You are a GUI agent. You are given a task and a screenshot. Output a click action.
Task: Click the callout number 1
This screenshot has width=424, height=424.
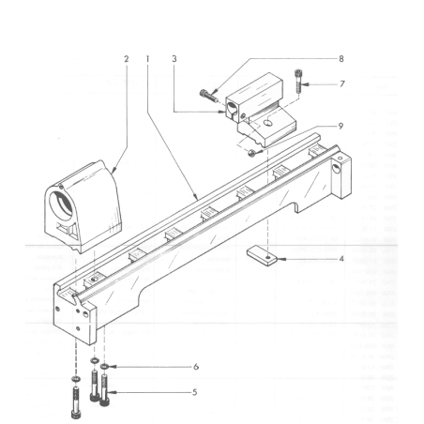point(147,59)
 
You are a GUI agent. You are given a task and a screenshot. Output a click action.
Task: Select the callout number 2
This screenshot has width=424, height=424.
point(126,59)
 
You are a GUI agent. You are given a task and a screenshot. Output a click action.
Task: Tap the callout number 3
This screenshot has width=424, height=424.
point(174,59)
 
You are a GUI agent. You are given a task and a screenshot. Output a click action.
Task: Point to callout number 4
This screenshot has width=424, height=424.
point(341,259)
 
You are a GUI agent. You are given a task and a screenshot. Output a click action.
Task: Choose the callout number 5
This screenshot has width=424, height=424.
point(194,392)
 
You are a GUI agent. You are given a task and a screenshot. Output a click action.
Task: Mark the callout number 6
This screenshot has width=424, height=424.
point(196,367)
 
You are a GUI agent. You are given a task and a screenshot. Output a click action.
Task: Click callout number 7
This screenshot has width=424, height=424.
point(342,84)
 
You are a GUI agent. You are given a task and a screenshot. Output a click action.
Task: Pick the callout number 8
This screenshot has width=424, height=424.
point(341,59)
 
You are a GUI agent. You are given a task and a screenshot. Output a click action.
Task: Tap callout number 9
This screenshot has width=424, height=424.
point(341,126)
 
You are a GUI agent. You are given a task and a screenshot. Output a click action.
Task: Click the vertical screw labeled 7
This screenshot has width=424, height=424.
point(297,81)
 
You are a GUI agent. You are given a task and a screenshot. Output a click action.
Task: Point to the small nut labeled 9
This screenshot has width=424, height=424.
point(250,153)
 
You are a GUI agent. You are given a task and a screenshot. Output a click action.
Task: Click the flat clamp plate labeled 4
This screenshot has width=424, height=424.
point(262,256)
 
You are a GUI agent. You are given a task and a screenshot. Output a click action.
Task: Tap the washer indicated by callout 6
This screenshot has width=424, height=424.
point(104,366)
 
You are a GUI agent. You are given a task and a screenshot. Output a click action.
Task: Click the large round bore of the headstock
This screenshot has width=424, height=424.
point(62,204)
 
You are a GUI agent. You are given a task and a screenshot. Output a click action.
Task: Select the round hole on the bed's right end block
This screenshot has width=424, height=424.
point(336,170)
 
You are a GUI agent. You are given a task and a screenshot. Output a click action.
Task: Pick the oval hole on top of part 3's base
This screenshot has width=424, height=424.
point(267,122)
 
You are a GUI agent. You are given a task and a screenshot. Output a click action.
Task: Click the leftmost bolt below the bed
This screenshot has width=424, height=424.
point(75,402)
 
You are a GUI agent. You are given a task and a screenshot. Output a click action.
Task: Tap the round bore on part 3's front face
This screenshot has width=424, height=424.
point(233,110)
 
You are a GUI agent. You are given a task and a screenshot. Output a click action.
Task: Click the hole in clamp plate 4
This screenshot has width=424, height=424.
point(268,257)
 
